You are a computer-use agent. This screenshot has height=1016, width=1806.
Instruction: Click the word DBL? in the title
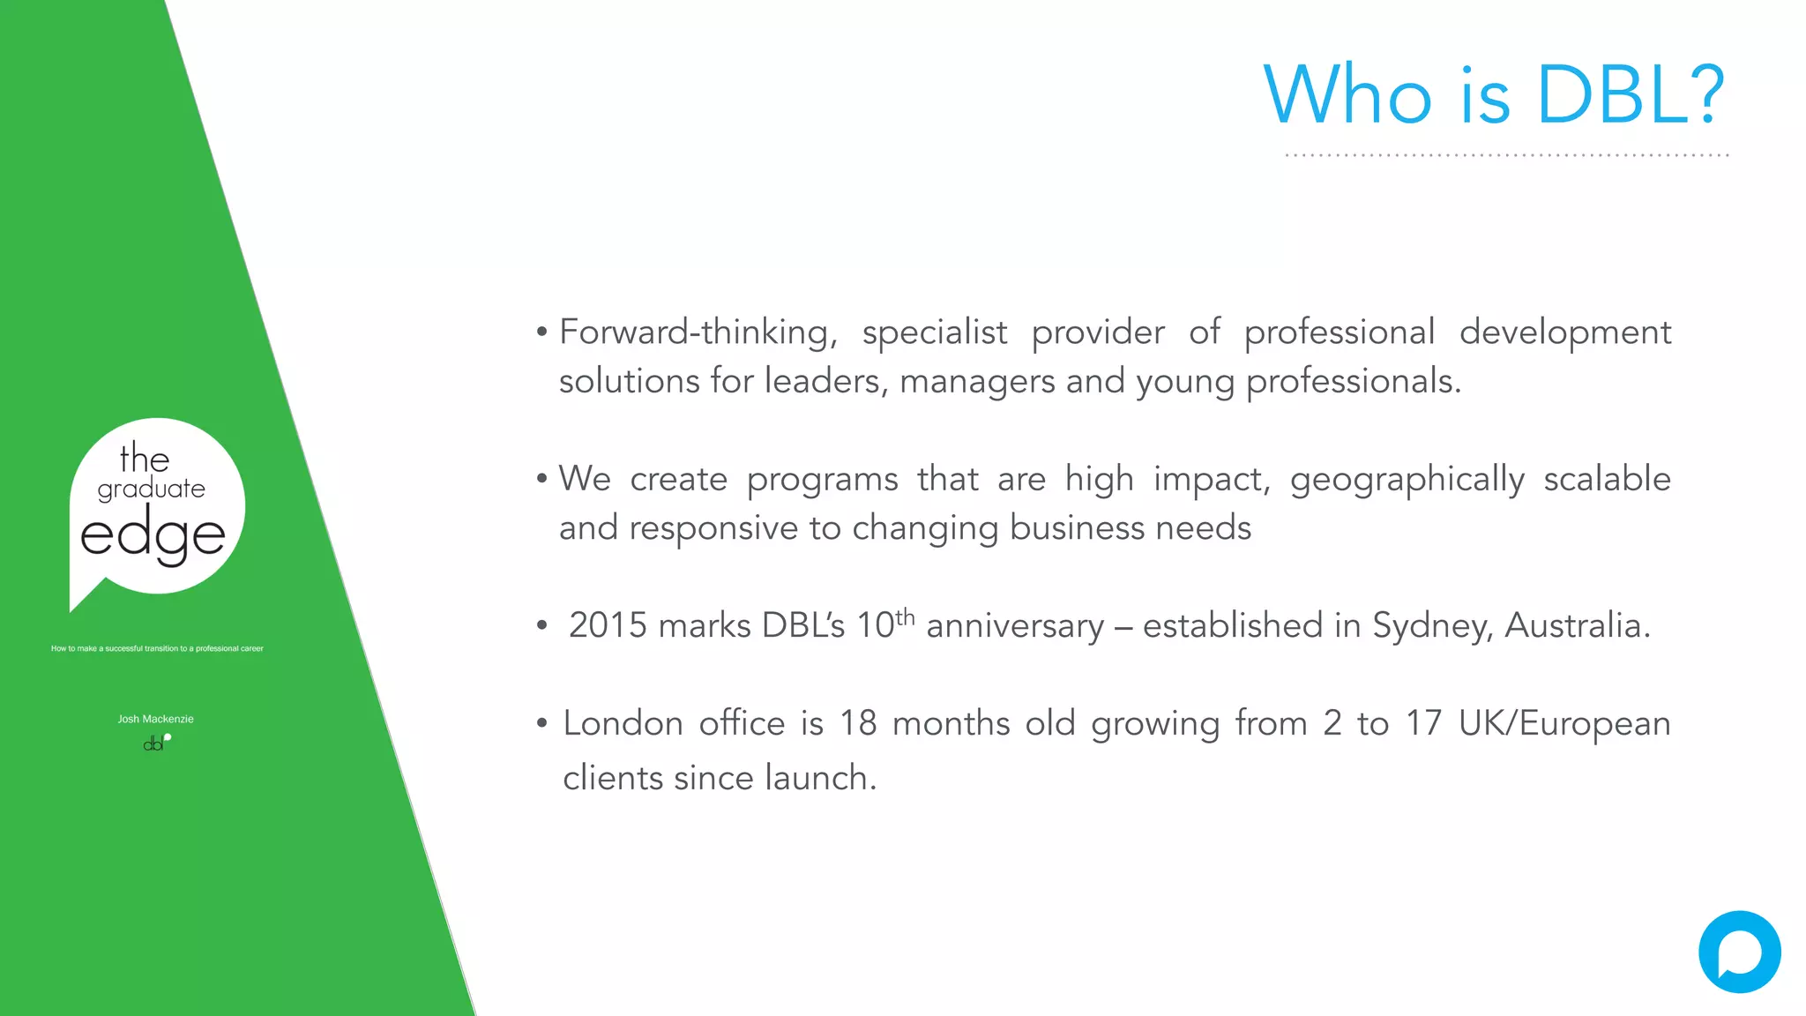pos(1630,95)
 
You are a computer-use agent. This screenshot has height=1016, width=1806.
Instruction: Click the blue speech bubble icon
pos(1739,952)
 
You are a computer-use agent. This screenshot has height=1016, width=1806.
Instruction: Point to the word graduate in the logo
pos(151,489)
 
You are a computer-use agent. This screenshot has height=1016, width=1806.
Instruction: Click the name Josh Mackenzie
pos(155,719)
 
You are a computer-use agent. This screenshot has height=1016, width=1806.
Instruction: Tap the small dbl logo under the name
pos(155,743)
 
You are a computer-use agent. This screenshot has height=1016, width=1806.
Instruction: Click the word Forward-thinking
pos(697,332)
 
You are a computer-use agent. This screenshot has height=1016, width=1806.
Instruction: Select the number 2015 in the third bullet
pos(608,625)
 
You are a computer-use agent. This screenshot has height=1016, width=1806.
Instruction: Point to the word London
pos(623,723)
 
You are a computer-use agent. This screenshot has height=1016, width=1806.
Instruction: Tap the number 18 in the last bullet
pos(857,723)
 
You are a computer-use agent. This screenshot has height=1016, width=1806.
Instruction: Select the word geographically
pos(1407,480)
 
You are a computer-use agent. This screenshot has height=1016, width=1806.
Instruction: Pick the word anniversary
pos(1014,625)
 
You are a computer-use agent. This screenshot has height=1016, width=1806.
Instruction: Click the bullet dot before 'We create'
pos(541,479)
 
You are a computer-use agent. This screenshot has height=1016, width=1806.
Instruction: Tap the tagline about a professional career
pos(157,648)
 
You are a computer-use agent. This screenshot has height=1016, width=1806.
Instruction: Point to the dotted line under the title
pos(1506,155)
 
